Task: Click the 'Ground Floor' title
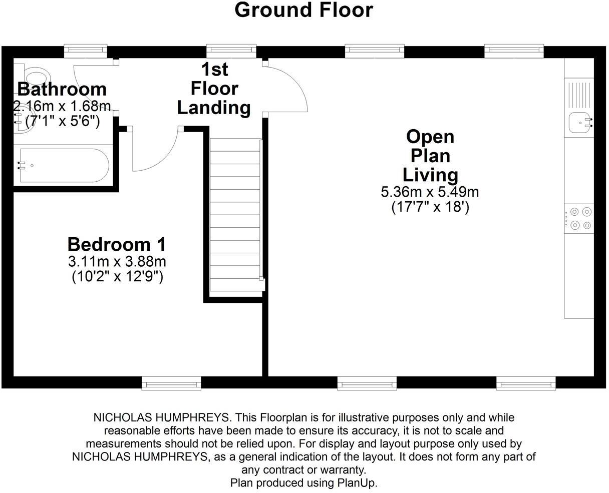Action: [304, 10]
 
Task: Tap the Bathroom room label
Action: [62, 89]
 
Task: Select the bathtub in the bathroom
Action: [64, 165]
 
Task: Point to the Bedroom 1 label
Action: [117, 244]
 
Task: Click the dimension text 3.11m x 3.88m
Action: [117, 261]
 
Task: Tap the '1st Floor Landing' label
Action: [214, 89]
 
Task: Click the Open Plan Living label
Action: [430, 156]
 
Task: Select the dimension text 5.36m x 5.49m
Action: [430, 192]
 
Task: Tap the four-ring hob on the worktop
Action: [580, 218]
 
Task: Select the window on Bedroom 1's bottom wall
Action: [171, 383]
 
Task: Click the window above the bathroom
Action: [86, 50]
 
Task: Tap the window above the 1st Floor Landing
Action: [231, 50]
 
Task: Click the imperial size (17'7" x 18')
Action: [430, 207]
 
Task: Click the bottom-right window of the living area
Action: [526, 383]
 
